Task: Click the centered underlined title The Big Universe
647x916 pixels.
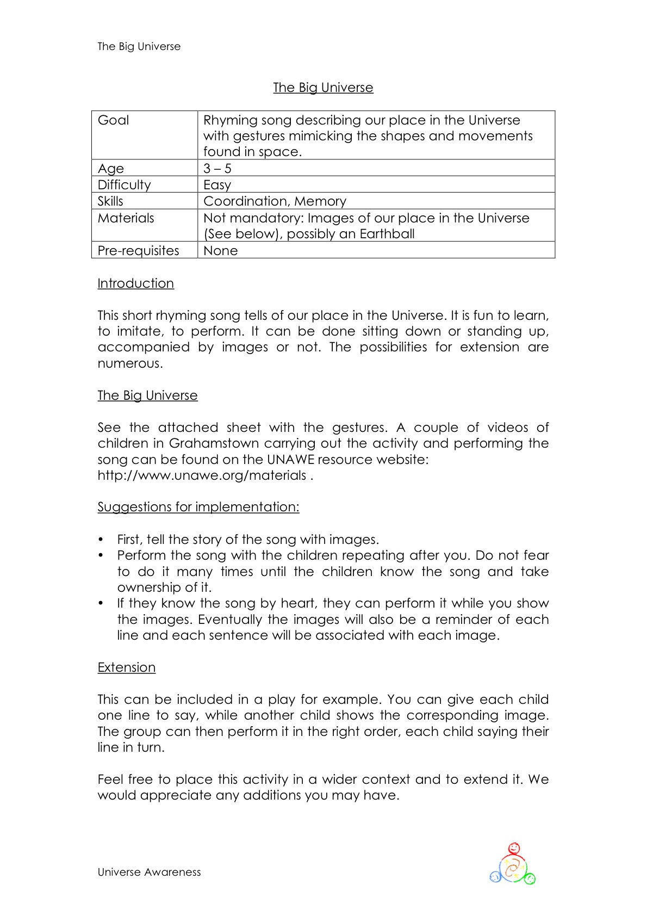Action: [323, 88]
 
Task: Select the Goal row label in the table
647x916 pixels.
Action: [113, 120]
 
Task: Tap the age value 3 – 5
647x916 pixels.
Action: [217, 169]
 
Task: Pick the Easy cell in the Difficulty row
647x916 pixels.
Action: [217, 185]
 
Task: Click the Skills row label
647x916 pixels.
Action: [110, 201]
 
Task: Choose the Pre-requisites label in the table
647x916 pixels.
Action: [138, 251]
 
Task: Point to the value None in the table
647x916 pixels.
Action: [220, 251]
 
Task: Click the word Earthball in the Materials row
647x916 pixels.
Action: [387, 234]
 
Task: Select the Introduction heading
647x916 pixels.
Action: [135, 283]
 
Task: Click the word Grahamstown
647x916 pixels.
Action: [213, 443]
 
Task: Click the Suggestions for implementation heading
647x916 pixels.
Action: [198, 507]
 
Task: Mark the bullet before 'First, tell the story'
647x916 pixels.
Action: [101, 540]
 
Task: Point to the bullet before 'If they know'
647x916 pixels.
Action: [101, 603]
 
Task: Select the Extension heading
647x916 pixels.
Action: [126, 667]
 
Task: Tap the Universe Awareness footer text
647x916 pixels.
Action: [149, 872]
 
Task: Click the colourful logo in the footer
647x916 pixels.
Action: [513, 864]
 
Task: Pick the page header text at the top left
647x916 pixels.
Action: [139, 47]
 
